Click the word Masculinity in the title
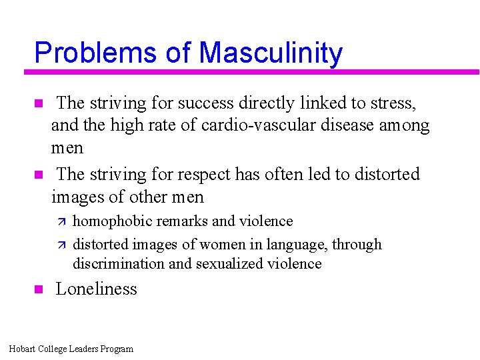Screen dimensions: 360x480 point(271,53)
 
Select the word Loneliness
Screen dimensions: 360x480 point(96,289)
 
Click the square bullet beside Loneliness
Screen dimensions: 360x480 point(38,289)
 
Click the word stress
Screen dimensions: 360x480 point(391,103)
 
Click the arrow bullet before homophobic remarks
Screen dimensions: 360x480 point(60,221)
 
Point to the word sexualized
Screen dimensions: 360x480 point(229,263)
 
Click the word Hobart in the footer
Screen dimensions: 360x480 point(23,349)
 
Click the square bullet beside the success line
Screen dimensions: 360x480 point(38,103)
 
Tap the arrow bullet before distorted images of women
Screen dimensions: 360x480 point(60,245)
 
